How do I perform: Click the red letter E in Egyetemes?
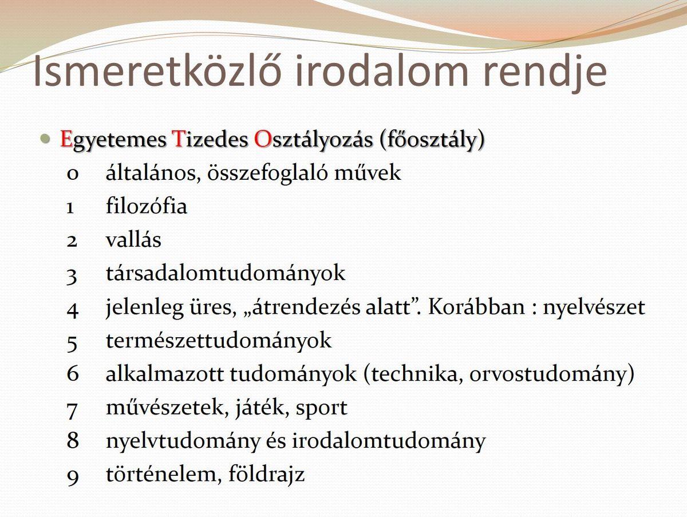[66, 139]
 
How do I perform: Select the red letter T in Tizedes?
[178, 139]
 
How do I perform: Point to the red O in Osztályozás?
[262, 139]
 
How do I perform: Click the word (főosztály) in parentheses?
[432, 140]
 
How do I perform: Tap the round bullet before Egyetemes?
[45, 138]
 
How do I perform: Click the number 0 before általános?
[72, 174]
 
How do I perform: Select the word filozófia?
[147, 206]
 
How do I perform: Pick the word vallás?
[133, 239]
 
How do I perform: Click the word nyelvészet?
[594, 309]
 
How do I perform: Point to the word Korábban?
[476, 306]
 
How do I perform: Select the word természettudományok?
[219, 341]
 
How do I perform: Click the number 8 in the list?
[73, 440]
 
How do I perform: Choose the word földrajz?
[266, 473]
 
